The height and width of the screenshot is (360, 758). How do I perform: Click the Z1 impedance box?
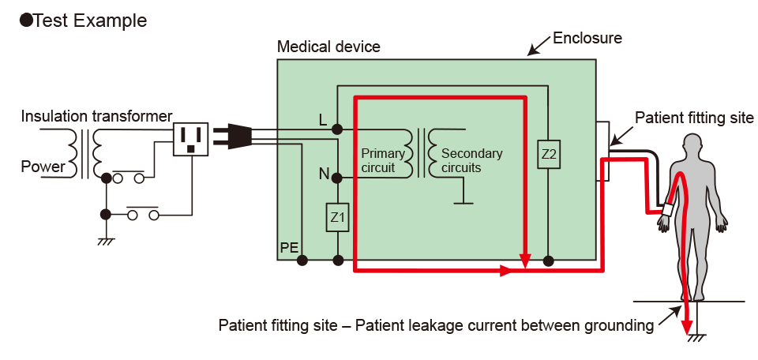point(338,217)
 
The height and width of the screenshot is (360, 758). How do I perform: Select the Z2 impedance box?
point(549,155)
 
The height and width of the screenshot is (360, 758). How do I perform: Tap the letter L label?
point(322,120)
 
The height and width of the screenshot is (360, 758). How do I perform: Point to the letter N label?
point(324,174)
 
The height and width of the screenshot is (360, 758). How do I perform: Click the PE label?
point(289,248)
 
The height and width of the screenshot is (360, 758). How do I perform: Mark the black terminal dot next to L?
point(337,129)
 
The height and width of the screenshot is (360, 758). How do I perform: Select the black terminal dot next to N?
point(337,178)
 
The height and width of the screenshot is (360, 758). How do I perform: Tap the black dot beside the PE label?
point(302,259)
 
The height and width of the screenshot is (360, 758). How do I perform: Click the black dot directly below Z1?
point(338,259)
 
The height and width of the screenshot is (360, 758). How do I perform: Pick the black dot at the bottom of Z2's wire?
point(548,259)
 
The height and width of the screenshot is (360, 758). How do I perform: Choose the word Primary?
point(382,153)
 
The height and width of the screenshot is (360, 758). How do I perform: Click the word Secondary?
point(471,153)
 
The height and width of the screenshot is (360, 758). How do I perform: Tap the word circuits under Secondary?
point(461,168)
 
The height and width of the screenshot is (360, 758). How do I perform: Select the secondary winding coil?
point(433,153)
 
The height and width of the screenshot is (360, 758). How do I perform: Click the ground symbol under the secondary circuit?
point(463,203)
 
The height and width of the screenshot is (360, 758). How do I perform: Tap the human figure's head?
point(692,145)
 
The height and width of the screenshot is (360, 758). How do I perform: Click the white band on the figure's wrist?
point(668,210)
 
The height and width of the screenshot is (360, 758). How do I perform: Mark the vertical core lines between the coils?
point(421,153)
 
